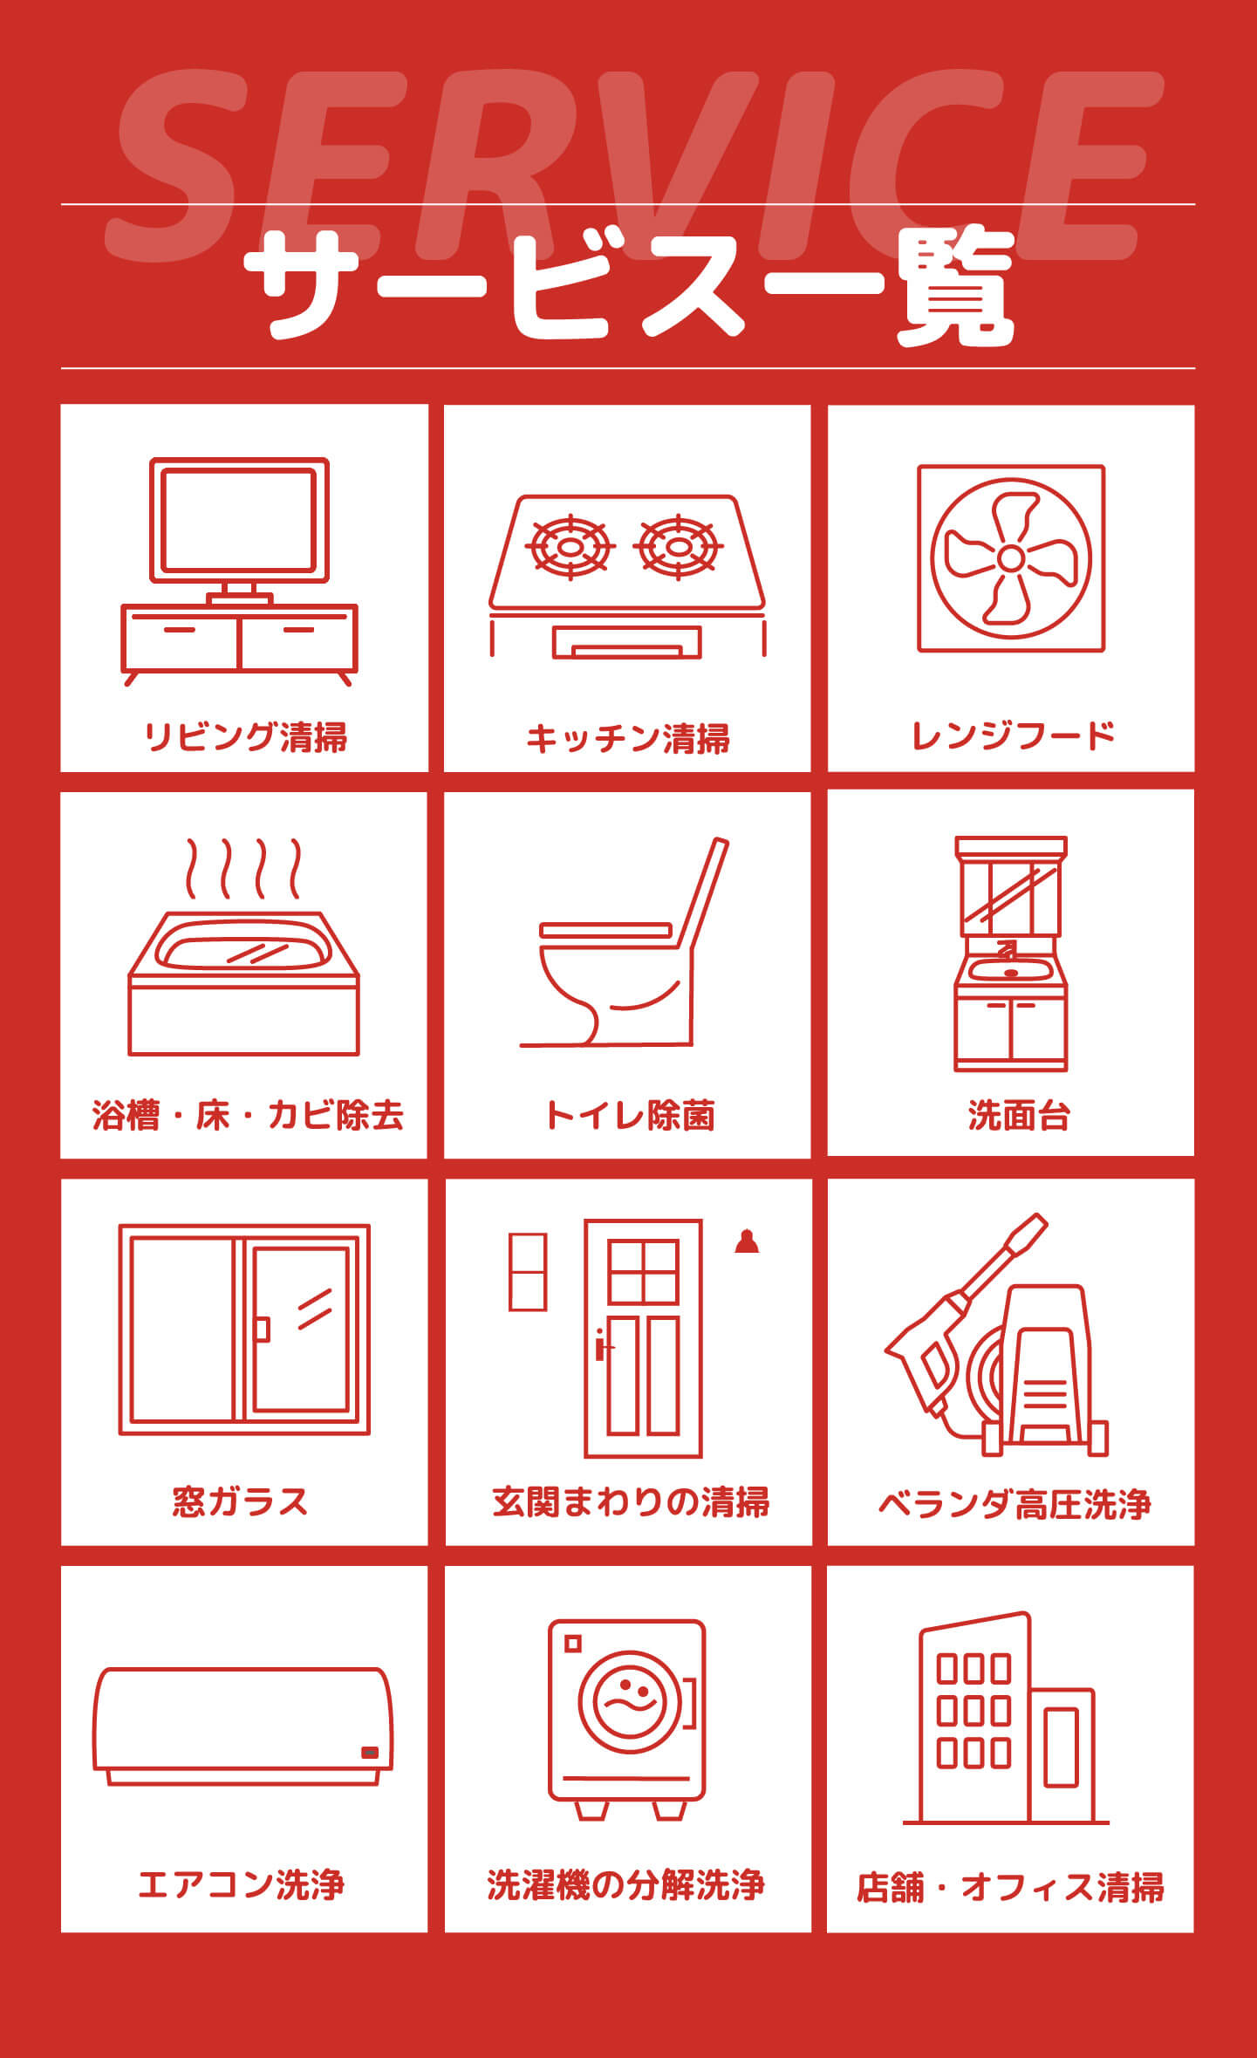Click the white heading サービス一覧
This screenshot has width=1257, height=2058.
point(628,287)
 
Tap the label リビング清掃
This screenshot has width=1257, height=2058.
point(245,737)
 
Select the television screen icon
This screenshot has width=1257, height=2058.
point(239,520)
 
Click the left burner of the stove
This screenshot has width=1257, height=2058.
point(570,547)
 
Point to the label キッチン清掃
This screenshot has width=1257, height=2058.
point(627,739)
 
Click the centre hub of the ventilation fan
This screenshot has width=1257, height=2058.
point(1011,558)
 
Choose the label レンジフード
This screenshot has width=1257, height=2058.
point(1013,735)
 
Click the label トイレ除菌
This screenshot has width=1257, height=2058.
point(629,1116)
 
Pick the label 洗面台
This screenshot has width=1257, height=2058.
point(1018,1116)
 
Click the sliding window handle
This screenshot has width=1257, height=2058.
point(262,1329)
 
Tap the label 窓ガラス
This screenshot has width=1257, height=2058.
point(240,1501)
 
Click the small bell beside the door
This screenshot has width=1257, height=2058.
point(747,1241)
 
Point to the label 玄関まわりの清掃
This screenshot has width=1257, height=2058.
point(630,1501)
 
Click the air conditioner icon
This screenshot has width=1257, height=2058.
point(243,1726)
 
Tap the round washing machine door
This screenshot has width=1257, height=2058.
point(627,1702)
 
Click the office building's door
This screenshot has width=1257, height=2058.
point(1062,1747)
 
